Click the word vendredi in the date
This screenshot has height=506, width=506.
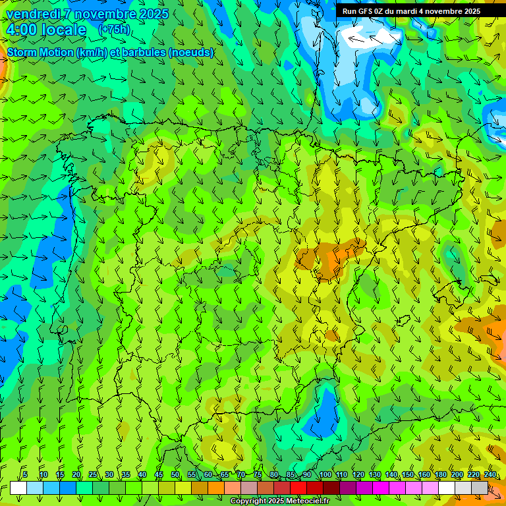pyautogui.click(x=32, y=14)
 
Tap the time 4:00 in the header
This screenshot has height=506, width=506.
pyautogui.click(x=22, y=30)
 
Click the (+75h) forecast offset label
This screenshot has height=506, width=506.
pyautogui.click(x=114, y=30)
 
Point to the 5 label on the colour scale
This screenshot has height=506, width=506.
pyautogui.click(x=25, y=474)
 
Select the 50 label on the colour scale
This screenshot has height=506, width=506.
pyautogui.click(x=175, y=474)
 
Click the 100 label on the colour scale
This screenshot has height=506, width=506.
pyautogui.click(x=325, y=474)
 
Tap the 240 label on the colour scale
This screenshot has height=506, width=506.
pyautogui.click(x=490, y=474)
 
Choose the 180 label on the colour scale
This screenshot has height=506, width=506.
pyautogui.click(x=440, y=474)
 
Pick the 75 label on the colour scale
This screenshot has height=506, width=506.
pyautogui.click(x=258, y=474)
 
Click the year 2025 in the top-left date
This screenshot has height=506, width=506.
pyautogui.click(x=151, y=14)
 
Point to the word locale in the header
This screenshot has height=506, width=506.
pyautogui.click(x=63, y=30)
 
